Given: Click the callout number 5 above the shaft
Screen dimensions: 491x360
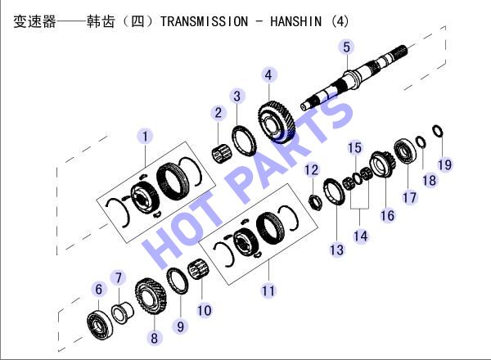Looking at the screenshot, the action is [x=346, y=47].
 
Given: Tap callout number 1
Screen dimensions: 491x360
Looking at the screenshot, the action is [x=145, y=137].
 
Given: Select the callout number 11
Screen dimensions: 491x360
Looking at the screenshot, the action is [x=268, y=290].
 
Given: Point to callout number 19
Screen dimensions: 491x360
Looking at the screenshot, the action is [x=444, y=165].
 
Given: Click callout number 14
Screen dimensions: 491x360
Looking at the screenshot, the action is [x=360, y=236].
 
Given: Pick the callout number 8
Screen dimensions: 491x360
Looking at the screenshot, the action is [x=154, y=338].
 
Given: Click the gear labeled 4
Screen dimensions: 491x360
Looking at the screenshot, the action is [x=277, y=122].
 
